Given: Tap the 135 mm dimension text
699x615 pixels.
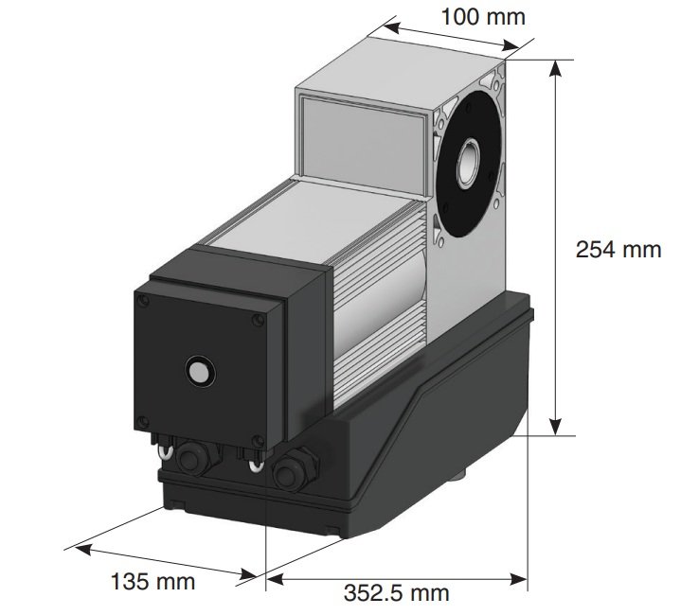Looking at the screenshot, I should coord(155,580).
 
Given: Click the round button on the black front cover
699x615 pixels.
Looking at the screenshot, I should coord(198,370).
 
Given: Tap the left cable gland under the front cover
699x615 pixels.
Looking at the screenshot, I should coord(196,461).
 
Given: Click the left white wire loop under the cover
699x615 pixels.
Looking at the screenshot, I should coord(164,453).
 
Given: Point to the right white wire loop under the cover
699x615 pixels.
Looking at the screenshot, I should coord(253,463).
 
